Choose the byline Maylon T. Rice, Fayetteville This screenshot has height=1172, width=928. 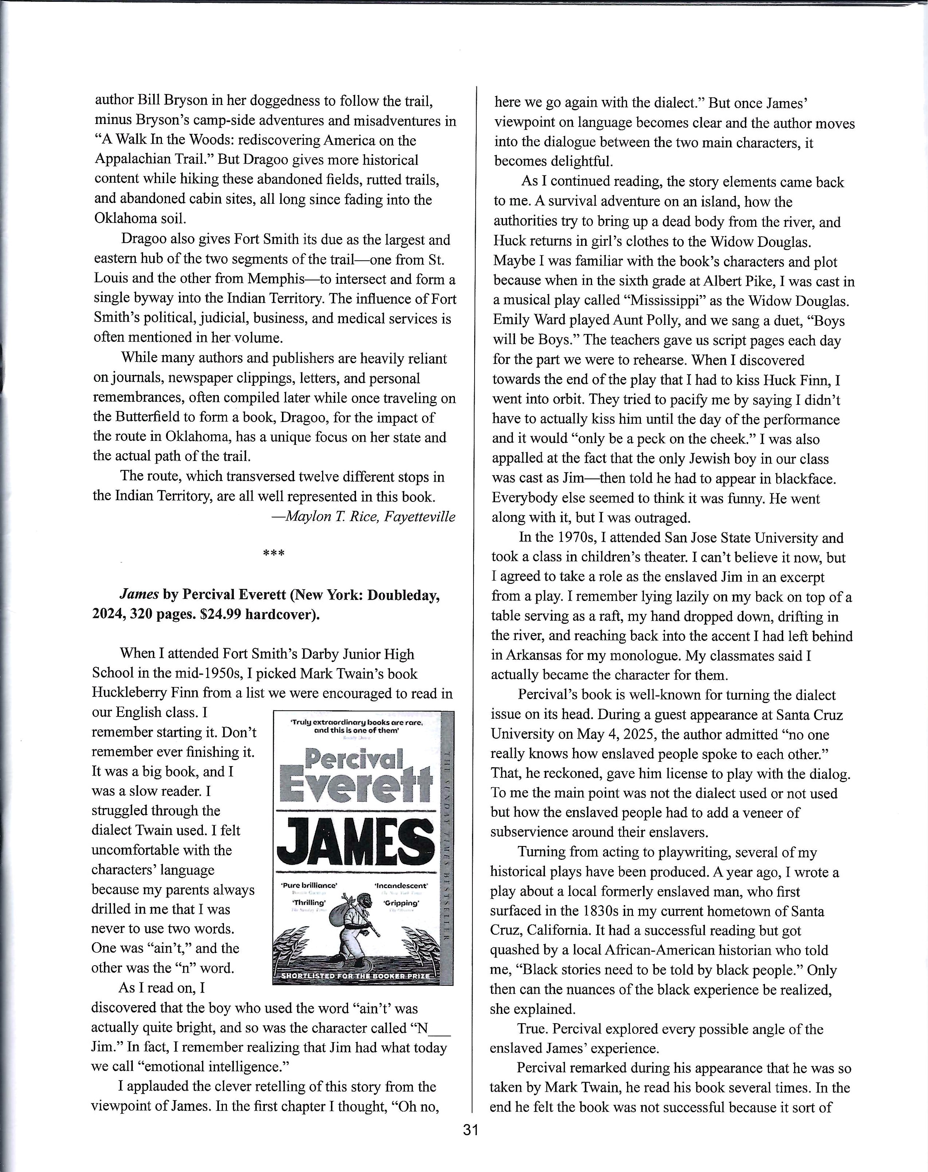pos(363,516)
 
